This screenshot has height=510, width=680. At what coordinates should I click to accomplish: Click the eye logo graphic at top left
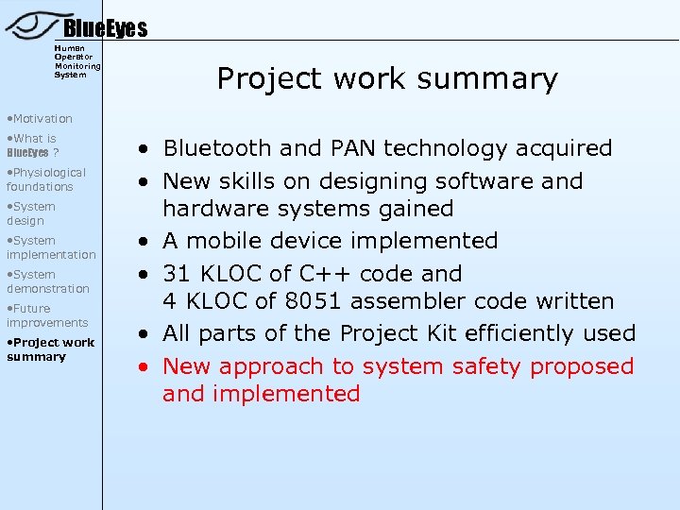point(33,23)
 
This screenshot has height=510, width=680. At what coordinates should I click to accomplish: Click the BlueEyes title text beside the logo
point(105,29)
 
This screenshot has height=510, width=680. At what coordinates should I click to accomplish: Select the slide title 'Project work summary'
point(387,78)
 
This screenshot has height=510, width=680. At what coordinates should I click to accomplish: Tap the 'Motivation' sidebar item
point(39,118)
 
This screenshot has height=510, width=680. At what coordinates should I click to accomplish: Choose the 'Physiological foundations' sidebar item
point(45,179)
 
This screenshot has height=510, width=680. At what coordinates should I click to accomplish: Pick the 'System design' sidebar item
point(31,213)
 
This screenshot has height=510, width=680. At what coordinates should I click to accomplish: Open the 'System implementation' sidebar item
point(51,247)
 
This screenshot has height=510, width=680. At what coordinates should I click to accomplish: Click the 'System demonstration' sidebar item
point(47,281)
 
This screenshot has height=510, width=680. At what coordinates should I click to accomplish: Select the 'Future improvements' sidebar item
point(47,315)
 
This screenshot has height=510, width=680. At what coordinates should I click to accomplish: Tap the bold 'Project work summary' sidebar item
point(50,349)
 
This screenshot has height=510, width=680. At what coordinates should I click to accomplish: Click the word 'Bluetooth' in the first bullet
point(216,148)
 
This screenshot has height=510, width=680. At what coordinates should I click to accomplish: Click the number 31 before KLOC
point(177,274)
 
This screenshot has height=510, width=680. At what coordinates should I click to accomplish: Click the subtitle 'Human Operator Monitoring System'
point(77,60)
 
